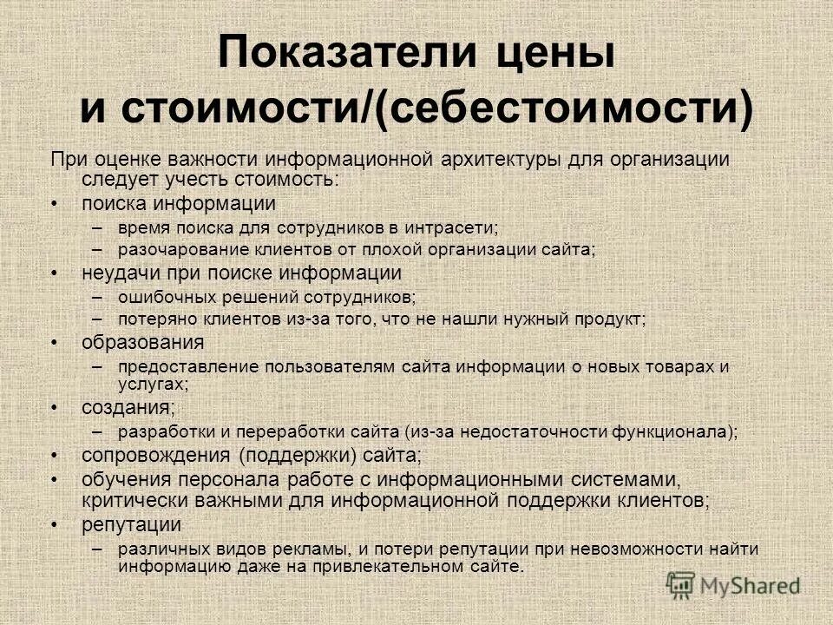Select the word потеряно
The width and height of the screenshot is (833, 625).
(x=153, y=319)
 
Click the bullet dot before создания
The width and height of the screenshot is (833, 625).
(x=56, y=407)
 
